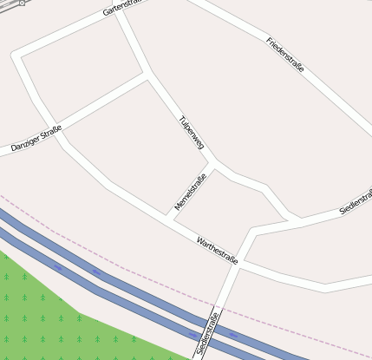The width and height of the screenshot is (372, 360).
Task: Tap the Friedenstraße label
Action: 286,54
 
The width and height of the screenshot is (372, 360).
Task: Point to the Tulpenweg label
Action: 190,133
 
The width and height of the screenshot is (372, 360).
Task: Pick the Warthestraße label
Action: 217,250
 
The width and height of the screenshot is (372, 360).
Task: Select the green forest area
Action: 43,312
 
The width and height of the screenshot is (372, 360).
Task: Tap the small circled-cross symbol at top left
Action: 21,3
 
